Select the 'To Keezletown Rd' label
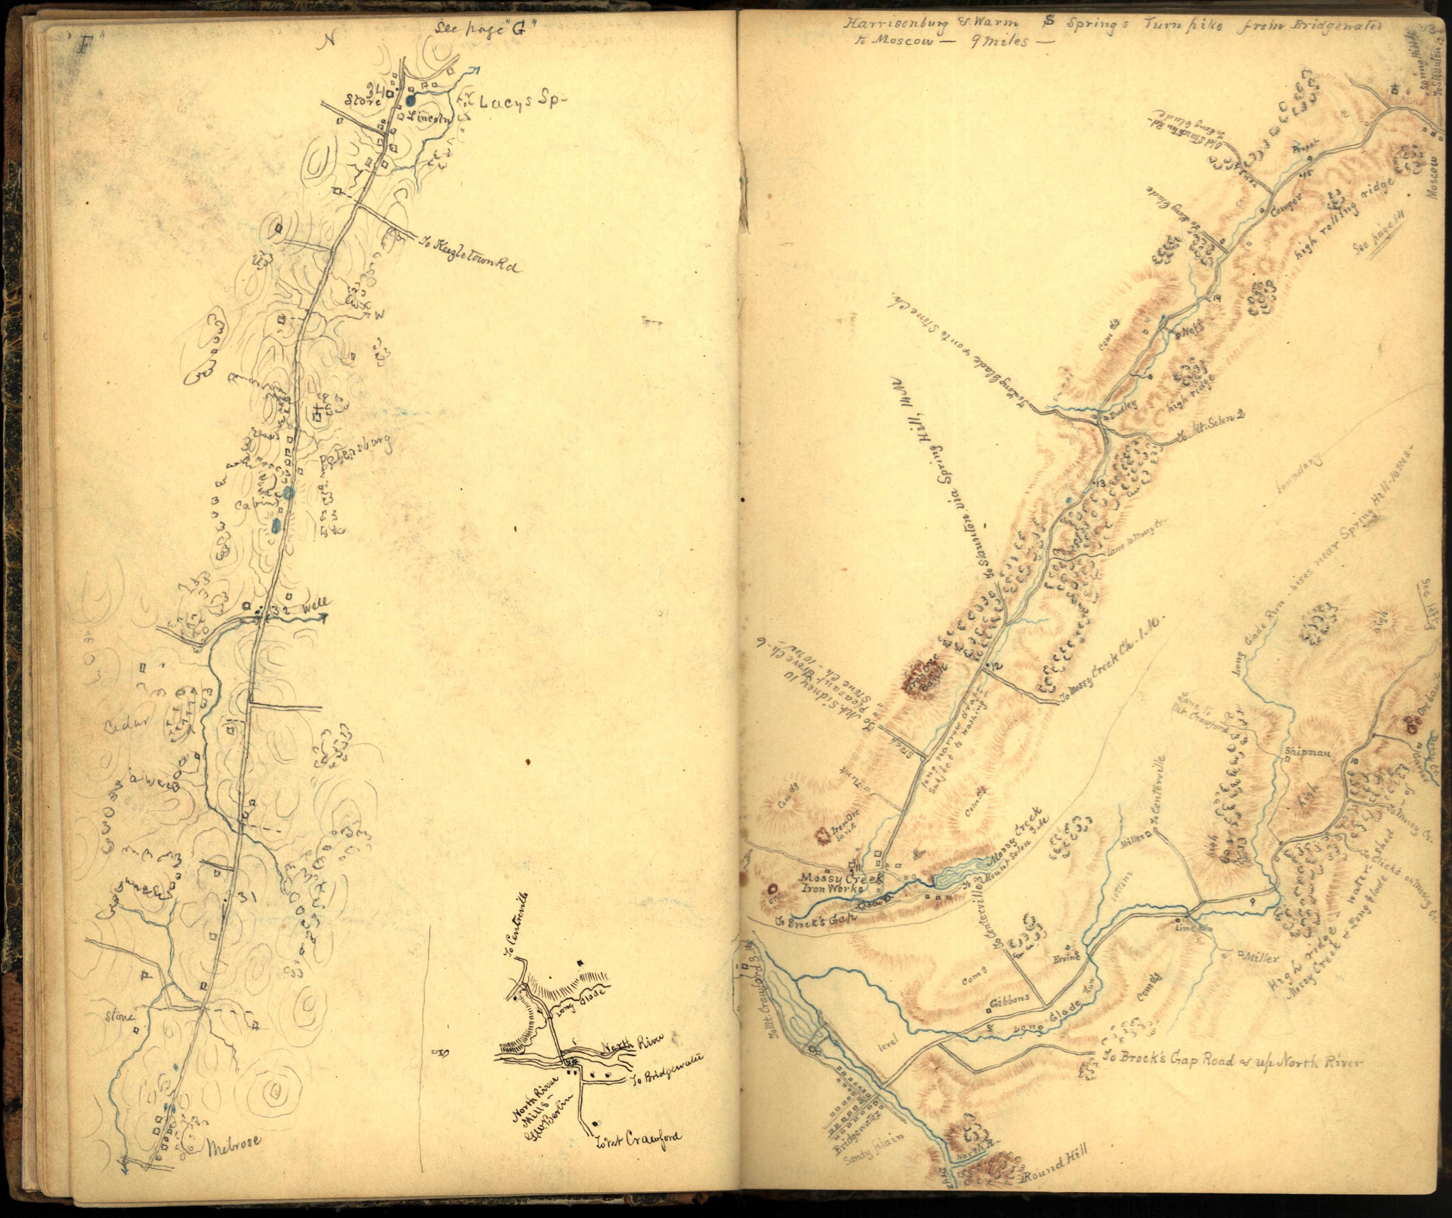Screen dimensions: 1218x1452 pyautogui.click(x=470, y=254)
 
